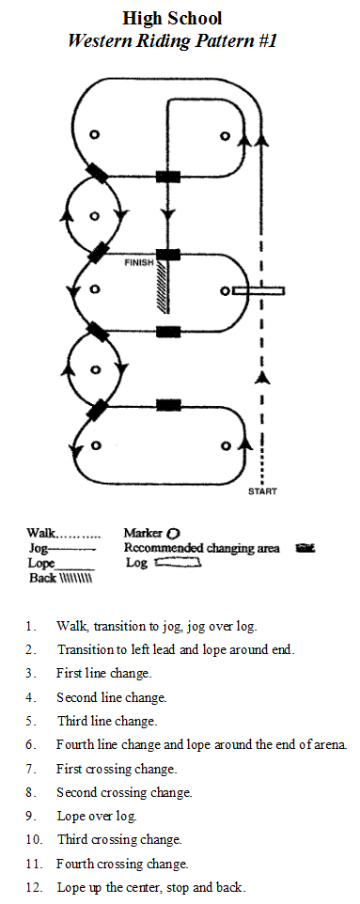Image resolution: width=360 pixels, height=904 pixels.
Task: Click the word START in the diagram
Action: tap(262, 491)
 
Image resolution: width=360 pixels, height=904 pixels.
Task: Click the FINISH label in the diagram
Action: tap(140, 263)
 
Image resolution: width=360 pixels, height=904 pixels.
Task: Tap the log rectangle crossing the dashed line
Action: tap(258, 291)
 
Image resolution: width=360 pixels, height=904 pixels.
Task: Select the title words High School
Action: tap(172, 19)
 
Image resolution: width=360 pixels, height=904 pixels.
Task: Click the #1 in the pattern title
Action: tap(267, 41)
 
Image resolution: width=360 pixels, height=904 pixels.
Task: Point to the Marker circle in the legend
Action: tap(173, 534)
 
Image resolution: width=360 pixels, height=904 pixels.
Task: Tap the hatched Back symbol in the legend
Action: tap(76, 578)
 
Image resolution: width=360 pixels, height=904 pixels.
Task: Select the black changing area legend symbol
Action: tap(305, 548)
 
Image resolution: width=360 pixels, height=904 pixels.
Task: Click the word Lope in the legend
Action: tap(41, 563)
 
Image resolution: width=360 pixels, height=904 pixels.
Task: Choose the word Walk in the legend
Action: tap(41, 534)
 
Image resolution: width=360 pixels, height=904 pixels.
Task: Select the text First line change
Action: tap(103, 673)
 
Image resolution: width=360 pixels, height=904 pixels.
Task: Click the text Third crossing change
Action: tap(119, 839)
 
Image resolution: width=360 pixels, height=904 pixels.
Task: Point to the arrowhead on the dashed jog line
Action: tap(263, 378)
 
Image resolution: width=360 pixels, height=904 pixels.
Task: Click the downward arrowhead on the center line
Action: tap(168, 216)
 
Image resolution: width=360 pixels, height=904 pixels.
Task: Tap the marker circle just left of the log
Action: tap(226, 291)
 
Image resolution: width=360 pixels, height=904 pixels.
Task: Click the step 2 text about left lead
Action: tap(176, 649)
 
